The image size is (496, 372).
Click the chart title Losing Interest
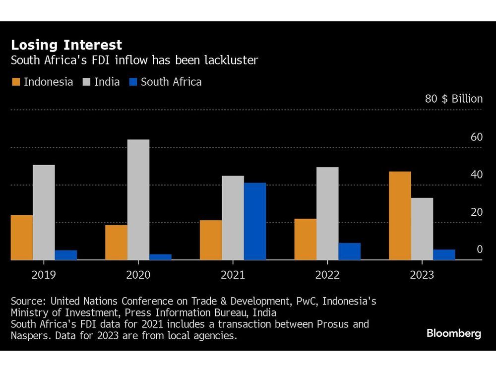66,45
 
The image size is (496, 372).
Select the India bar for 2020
138,199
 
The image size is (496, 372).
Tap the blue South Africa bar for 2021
254,221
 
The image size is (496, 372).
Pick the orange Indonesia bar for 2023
400,216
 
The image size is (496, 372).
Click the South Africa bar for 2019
65,255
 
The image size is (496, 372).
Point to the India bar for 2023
422,229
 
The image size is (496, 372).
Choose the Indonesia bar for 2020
116,243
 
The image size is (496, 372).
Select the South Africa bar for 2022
349,251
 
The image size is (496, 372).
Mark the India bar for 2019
44,212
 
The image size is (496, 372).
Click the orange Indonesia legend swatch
16,82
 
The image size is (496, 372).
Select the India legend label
107,82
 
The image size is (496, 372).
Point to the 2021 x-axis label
233,275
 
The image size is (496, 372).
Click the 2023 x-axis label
422,275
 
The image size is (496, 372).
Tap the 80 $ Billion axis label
453,99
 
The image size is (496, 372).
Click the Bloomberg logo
453,333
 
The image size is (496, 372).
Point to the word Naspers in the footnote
30,336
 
